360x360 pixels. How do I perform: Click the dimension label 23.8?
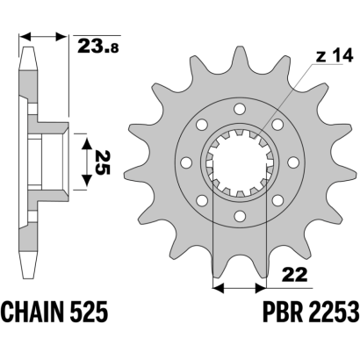(98, 47)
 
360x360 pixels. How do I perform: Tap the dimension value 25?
(102, 162)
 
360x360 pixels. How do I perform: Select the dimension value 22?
(295, 274)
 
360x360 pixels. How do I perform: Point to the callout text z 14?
(335, 56)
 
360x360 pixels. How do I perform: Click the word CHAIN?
(36, 312)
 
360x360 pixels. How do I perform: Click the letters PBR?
(281, 312)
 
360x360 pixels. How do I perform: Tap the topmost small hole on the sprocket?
(240, 109)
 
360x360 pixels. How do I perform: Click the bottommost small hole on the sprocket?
(240, 215)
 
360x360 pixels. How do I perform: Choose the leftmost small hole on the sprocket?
(186, 162)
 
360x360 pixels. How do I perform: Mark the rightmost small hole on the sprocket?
(293, 162)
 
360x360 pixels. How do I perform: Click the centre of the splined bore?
(240, 162)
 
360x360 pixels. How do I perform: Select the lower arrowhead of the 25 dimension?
(86, 181)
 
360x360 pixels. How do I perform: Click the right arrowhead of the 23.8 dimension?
(61, 37)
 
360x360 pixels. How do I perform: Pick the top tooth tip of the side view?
(29, 47)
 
